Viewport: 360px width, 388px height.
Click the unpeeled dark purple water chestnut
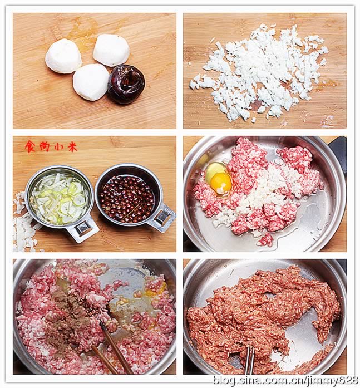(126, 84)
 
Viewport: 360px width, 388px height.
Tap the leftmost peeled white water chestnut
(63, 56)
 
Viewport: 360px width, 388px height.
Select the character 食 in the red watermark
(30, 146)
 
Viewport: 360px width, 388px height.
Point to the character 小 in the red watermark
(58, 146)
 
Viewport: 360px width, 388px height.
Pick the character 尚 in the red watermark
(44, 146)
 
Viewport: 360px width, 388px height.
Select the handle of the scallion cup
(83, 228)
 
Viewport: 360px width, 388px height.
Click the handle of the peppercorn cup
(161, 216)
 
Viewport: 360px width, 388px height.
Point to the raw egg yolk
(220, 182)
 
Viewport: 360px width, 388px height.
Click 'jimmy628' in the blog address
(333, 380)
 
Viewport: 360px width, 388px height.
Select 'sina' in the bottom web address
(253, 380)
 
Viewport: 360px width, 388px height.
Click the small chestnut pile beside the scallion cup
(22, 228)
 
